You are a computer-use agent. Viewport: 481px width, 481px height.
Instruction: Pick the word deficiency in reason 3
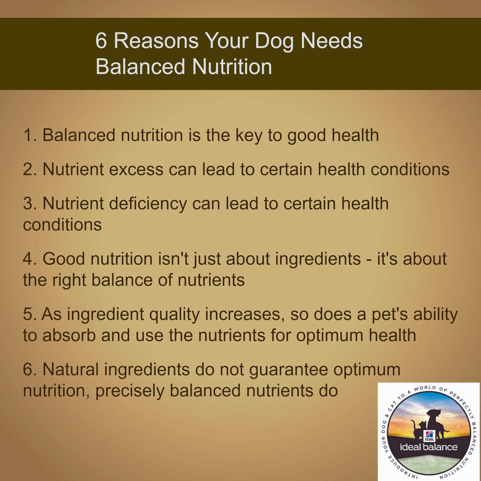(148, 204)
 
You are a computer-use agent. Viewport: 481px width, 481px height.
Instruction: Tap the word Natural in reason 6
(70, 369)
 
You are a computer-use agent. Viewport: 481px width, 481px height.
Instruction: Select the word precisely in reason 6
(130, 391)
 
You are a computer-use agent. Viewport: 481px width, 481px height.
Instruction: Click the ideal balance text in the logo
(428, 447)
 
